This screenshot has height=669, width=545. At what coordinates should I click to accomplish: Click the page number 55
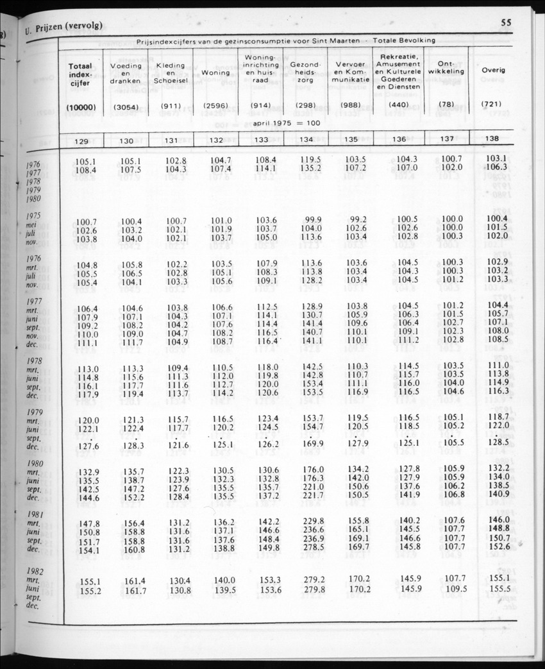click(506, 22)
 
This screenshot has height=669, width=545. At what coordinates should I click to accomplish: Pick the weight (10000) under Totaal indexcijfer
click(81, 108)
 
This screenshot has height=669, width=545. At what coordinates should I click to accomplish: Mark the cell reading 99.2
click(356, 220)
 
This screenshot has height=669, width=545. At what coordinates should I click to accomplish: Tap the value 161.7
click(135, 590)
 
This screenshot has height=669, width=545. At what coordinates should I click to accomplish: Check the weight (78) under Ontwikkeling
click(447, 103)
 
